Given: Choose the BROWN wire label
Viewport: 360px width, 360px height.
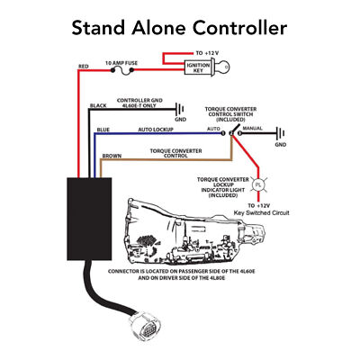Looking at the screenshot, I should pos(112,156).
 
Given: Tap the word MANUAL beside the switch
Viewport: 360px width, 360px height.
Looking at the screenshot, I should pos(255,130).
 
